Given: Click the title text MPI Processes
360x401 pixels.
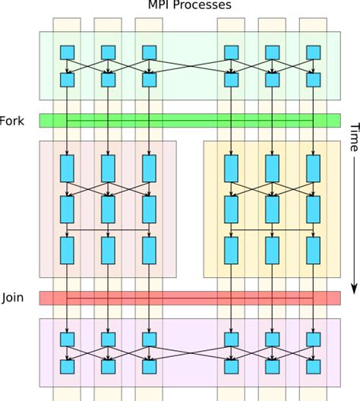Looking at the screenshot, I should coord(189,5).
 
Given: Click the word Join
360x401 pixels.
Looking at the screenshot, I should coord(13,297).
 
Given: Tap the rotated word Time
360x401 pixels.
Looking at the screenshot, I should coord(353,136).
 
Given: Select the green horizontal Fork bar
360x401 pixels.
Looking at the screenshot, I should coord(189,120).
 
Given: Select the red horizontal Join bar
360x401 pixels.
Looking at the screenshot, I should coord(189,298).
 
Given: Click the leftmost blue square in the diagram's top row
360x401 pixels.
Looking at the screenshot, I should coord(67,52).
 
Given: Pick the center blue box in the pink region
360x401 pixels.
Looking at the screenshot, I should coord(108,208).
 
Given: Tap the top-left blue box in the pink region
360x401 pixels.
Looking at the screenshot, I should coord(67,168).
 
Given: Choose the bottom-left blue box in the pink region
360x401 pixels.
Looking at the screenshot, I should coord(67,250).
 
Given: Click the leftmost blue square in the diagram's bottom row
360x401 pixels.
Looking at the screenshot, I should coord(67,367).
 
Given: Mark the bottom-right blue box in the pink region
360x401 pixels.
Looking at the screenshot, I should coord(149,250).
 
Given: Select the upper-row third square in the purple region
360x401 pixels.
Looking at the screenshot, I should coord(149,339).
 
